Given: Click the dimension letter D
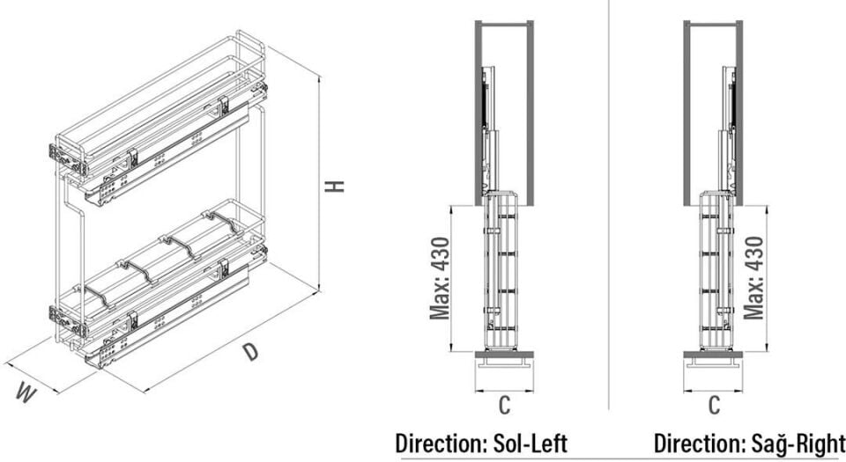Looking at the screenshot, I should [x=251, y=352].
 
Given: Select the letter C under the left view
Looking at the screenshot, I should [x=504, y=406].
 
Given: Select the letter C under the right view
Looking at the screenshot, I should [x=714, y=406].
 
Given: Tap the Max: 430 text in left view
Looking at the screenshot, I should [x=440, y=278].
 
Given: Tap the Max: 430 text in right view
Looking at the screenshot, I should [x=754, y=278].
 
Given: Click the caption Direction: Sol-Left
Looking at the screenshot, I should [x=480, y=442].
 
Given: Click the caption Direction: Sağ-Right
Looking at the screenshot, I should [x=749, y=442].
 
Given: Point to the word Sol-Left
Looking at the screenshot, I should [x=526, y=442].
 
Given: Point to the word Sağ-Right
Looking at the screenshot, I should [x=798, y=442].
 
